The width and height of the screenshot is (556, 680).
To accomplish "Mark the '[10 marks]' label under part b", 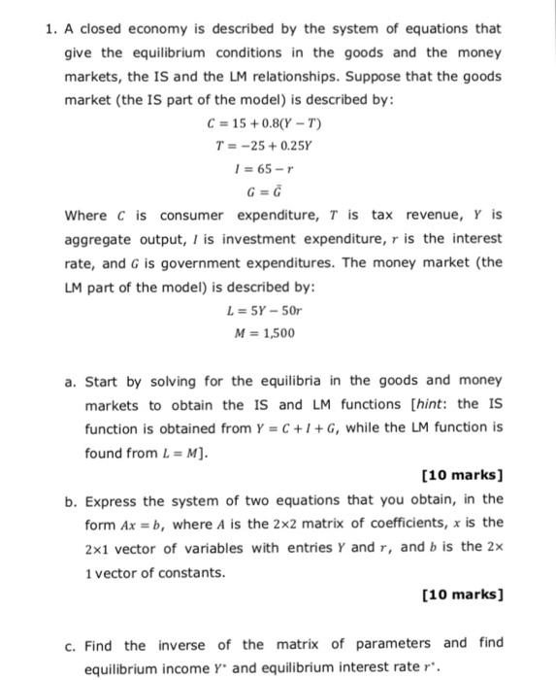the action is coord(462,594).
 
